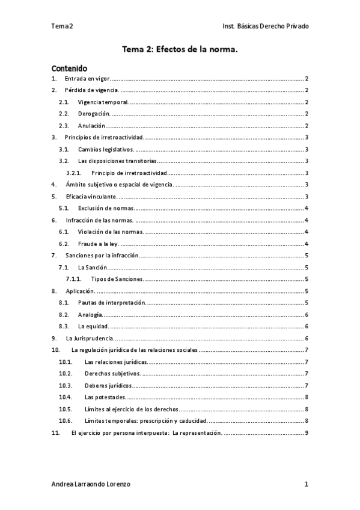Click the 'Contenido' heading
coord(69,68)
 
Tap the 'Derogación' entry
coord(94,114)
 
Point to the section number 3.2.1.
coord(75,173)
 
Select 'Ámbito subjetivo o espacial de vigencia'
coord(120,184)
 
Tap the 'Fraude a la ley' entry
coord(98,243)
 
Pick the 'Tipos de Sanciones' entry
coord(117,278)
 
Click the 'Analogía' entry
coord(90,314)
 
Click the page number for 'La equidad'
coord(307,326)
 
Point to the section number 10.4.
coord(66,397)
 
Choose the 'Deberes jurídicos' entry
coord(108,385)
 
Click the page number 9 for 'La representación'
coord(307,432)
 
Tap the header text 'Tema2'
coord(62,26)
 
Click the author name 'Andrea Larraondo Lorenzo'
coord(91,484)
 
